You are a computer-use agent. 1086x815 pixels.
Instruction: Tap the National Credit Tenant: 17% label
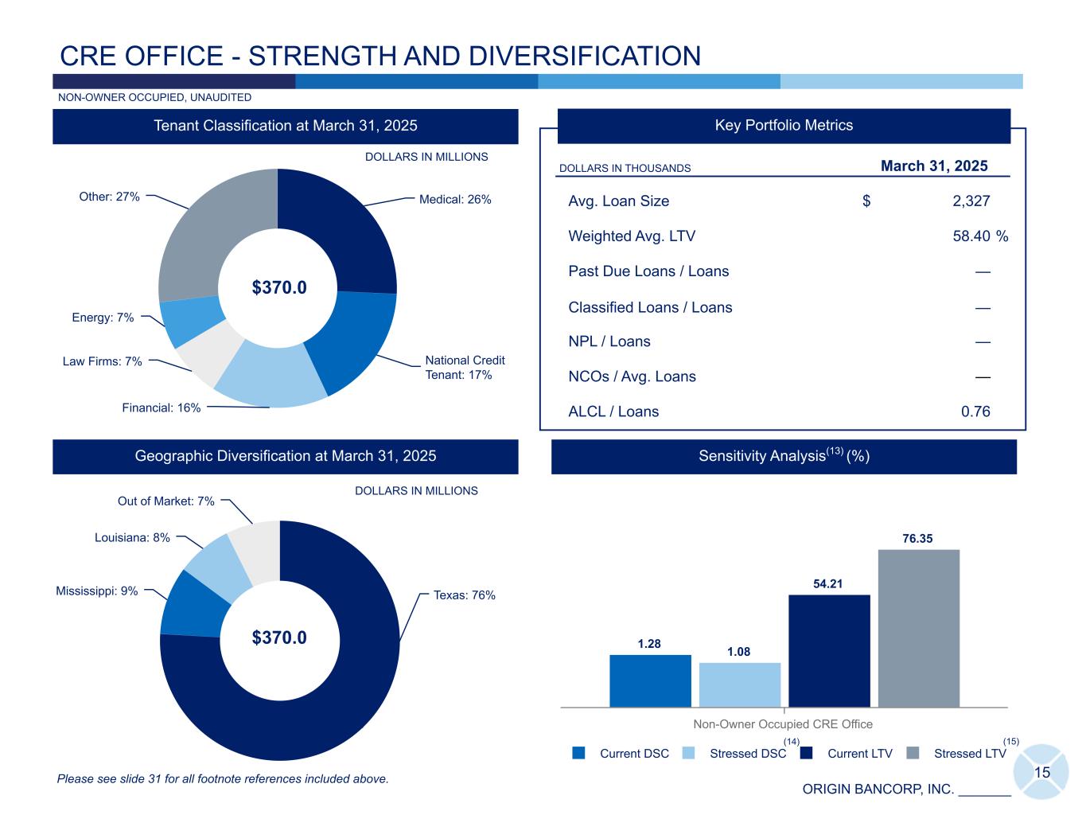(465, 368)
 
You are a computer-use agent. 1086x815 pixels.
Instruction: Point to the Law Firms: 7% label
(103, 361)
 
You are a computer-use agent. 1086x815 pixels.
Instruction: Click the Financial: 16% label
(162, 407)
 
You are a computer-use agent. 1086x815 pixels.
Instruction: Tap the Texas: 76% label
(465, 595)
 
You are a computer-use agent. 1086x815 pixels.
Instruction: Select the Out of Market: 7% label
(166, 501)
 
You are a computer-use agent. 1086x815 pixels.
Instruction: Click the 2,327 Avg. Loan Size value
(971, 201)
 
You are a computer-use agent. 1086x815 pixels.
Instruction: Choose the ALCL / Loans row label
(613, 411)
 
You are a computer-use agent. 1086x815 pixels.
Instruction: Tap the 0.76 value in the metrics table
(975, 411)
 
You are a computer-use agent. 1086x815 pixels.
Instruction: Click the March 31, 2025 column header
(934, 166)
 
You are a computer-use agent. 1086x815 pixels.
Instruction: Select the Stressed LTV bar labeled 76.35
(918, 628)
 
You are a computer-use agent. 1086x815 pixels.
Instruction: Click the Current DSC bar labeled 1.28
(650, 680)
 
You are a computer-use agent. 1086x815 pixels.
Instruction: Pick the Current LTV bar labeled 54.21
(829, 650)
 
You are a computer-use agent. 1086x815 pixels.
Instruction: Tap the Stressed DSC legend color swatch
(690, 753)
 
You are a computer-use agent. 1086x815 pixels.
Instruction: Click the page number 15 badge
(1041, 771)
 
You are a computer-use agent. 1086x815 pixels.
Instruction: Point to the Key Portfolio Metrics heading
(784, 126)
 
